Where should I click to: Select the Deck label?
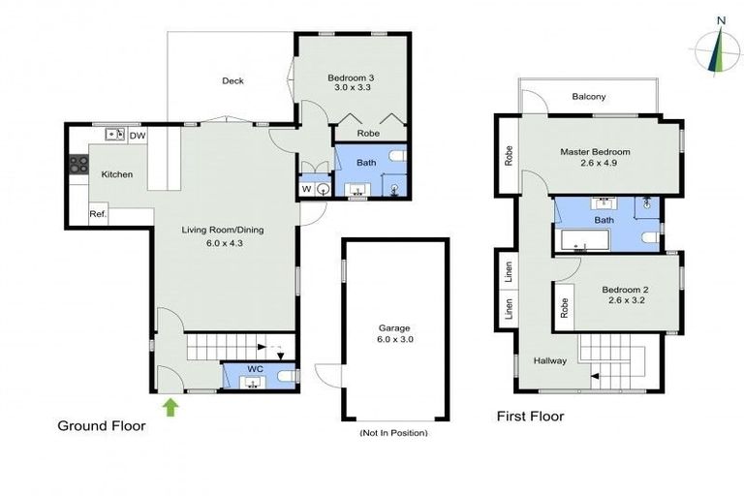[x=232, y=81]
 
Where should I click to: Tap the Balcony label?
[x=589, y=97]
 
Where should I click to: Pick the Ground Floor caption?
[x=102, y=425]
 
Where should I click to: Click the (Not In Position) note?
[x=393, y=432]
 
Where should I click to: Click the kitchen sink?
[x=115, y=135]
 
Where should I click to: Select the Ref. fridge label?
[x=98, y=213]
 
